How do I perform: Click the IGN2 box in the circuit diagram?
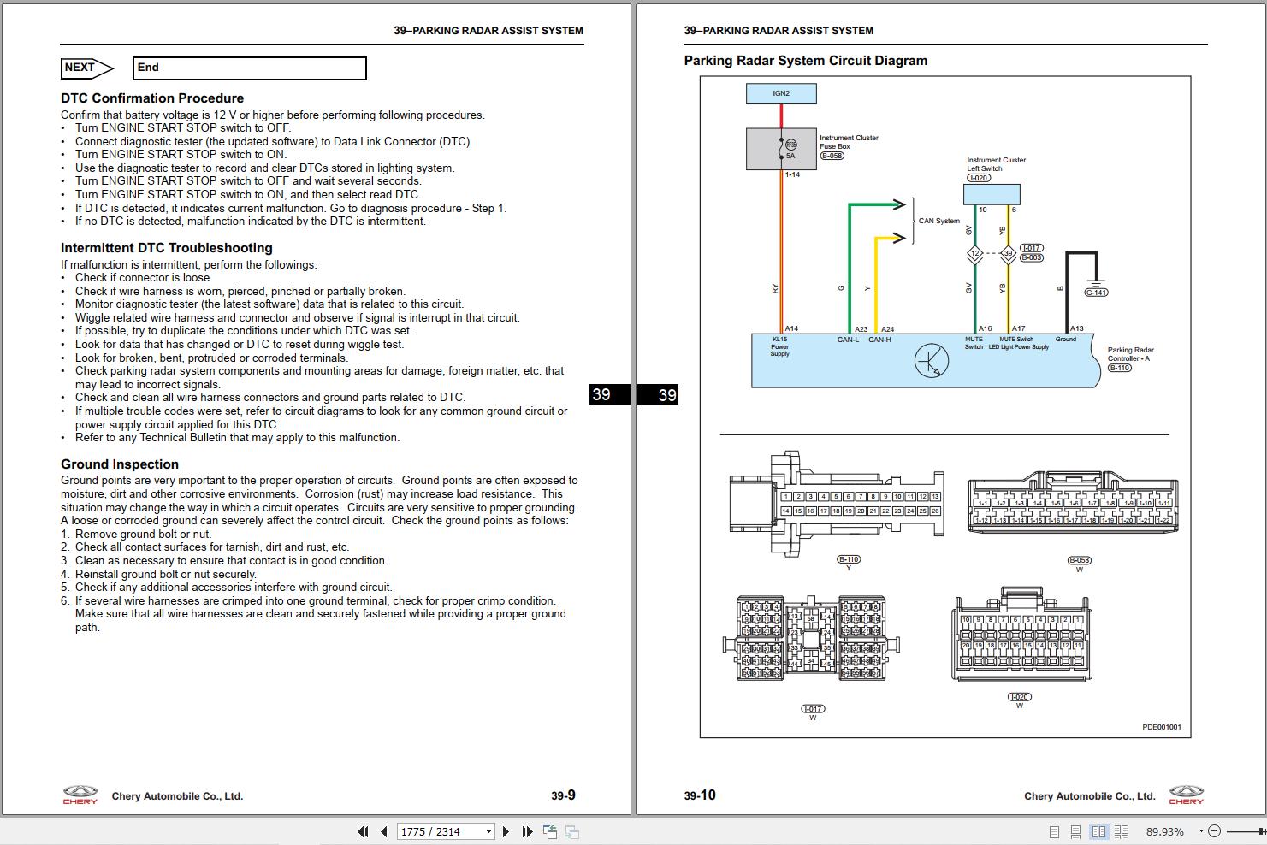[x=781, y=93]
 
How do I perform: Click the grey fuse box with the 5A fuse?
[x=780, y=150]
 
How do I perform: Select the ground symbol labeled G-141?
[x=1096, y=286]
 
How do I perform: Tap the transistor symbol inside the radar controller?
[x=931, y=361]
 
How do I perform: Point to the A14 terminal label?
[x=791, y=328]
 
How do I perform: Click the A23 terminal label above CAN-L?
[x=861, y=328]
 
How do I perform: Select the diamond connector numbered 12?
[x=974, y=254]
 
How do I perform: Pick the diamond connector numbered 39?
[x=1008, y=254]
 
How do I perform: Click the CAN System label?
[x=938, y=221]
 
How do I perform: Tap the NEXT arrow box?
[x=86, y=68]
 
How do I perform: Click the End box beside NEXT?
[x=250, y=68]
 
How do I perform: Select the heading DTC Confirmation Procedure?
[x=152, y=98]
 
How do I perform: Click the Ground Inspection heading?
[x=120, y=464]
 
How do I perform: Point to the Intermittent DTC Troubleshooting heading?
[x=167, y=248]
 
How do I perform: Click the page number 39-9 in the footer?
[x=563, y=795]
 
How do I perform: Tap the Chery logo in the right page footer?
[x=1186, y=795]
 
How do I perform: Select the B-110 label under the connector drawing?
[x=849, y=559]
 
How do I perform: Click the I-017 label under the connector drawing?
[x=812, y=708]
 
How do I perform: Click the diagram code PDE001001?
[x=1161, y=727]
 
